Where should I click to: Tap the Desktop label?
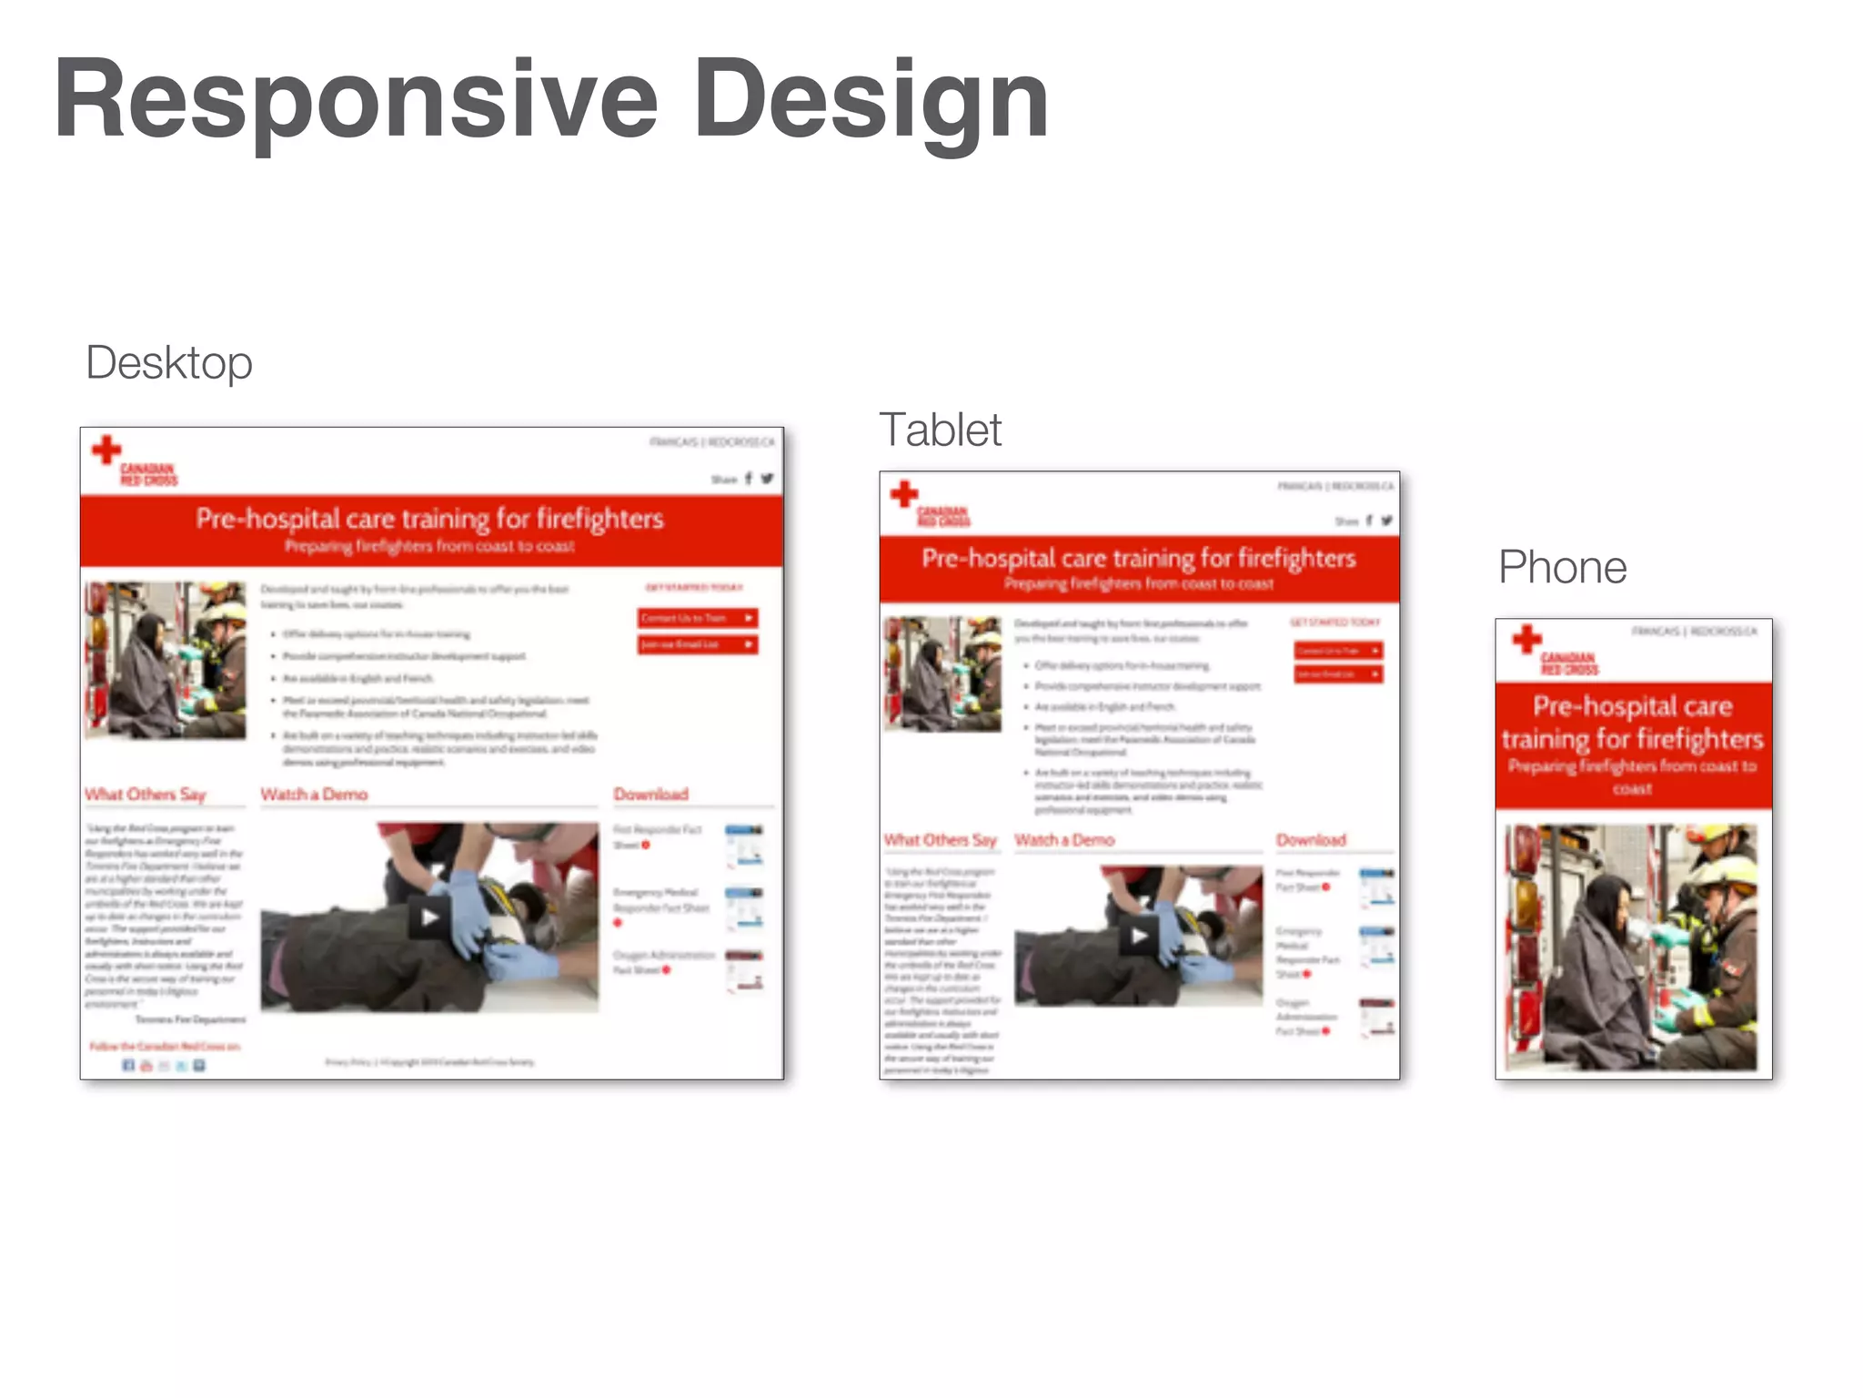pos(169,363)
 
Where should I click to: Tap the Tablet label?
pos(940,430)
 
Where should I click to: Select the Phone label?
pos(1562,567)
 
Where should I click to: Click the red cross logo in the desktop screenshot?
pos(107,449)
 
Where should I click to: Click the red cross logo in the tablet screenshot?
pos(904,494)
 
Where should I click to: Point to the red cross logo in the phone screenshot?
pos(1527,639)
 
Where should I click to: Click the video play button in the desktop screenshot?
pos(429,917)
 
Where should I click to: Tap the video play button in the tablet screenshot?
pos(1139,935)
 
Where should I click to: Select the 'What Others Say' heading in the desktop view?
pos(146,795)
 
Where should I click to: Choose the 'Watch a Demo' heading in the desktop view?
pos(314,795)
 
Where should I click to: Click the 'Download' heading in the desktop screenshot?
pos(651,795)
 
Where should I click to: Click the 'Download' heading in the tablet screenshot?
pos(1311,840)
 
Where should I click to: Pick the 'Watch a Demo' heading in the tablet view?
pos(1064,840)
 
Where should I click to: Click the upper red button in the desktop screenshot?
pos(698,618)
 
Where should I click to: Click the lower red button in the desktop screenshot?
pos(698,644)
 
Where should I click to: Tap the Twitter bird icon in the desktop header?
pos(767,479)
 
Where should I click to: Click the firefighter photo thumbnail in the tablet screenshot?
pos(942,674)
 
